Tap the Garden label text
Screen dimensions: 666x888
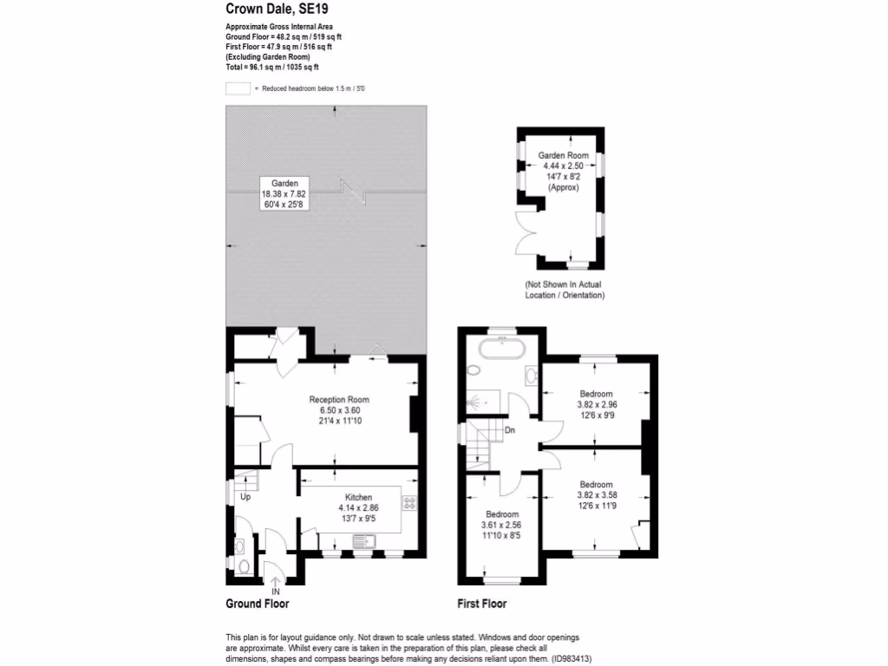[x=284, y=184]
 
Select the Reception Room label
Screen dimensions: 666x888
[x=335, y=400]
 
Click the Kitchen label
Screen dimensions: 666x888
[x=358, y=498]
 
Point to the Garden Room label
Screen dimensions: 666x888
[x=564, y=155]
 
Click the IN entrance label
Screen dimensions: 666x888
[x=275, y=591]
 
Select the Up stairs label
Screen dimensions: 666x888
[x=245, y=498]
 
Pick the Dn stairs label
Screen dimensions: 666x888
[x=511, y=429]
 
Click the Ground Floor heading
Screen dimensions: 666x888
[x=258, y=604]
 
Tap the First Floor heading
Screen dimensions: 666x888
[x=482, y=604]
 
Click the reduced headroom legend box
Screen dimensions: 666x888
[x=238, y=88]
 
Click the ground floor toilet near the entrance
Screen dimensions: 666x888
[x=244, y=567]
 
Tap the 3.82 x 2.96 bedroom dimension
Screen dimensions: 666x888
[x=596, y=404]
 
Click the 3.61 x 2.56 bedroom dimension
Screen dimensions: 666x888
[x=501, y=525]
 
